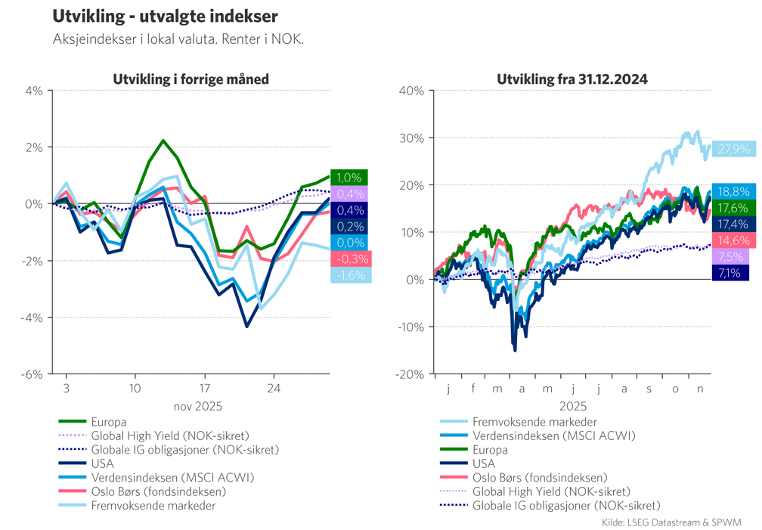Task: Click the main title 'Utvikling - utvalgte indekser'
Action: (164, 17)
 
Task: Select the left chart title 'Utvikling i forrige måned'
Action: (190, 79)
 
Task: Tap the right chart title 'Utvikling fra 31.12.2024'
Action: (571, 79)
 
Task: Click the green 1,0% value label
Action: (348, 178)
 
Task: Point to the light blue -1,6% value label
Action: (348, 275)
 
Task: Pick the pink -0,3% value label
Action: (348, 259)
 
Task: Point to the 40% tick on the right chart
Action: (410, 91)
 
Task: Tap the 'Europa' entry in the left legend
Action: (108, 422)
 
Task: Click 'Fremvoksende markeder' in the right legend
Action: (534, 422)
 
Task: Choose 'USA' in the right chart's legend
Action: (484, 463)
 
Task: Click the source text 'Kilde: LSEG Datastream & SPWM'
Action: (671, 522)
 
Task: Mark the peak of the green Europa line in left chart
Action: (163, 141)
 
